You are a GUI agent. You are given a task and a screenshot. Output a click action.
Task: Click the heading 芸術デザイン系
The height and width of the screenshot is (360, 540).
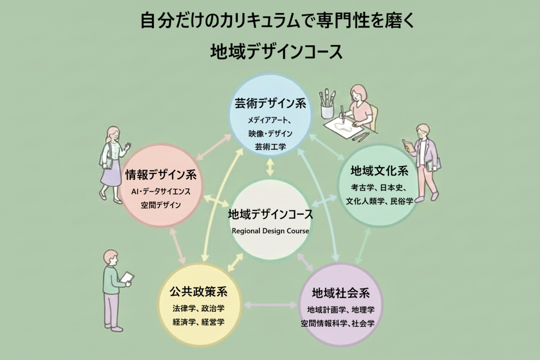[270, 104]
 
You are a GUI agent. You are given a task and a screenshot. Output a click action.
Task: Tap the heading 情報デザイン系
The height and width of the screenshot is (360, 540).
[161, 175]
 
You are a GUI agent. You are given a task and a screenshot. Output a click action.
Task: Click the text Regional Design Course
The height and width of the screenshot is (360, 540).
[270, 231]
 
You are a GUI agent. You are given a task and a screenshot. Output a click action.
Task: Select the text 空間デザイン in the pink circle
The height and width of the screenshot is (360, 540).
[161, 205]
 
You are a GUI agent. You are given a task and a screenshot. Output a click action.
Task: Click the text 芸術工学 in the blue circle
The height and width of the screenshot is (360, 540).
[270, 146]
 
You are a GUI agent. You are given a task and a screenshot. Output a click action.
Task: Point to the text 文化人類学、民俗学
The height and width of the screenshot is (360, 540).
[379, 201]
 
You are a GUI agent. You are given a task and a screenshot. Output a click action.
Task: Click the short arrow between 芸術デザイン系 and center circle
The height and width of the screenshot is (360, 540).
[270, 168]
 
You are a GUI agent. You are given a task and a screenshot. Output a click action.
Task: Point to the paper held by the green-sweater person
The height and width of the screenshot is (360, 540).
[127, 277]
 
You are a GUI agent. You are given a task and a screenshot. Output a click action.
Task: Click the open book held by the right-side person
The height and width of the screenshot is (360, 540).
[407, 145]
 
